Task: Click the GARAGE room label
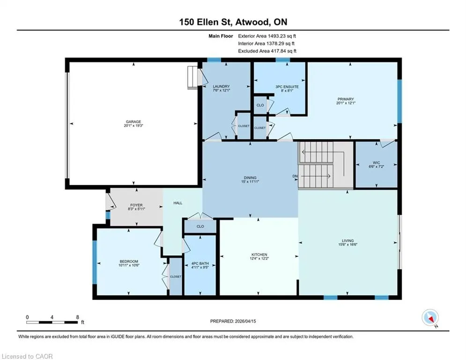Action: (x=133, y=122)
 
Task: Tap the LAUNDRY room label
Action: (x=221, y=87)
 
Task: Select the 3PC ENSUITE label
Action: (x=287, y=87)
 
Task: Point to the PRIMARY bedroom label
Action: (x=346, y=99)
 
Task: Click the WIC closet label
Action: (x=376, y=163)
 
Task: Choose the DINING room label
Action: (x=250, y=178)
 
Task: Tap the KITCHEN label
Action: (x=259, y=255)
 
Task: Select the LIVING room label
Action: (x=348, y=240)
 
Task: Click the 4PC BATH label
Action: (x=200, y=263)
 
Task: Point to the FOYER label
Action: (x=136, y=205)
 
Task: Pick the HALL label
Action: (x=178, y=203)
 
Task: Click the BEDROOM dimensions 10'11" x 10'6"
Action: (x=129, y=265)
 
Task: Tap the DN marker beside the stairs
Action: (x=295, y=176)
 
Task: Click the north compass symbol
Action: (x=430, y=318)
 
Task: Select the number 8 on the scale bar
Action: (x=78, y=317)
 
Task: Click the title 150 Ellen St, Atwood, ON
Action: (x=233, y=22)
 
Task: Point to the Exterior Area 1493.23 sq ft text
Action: (x=267, y=36)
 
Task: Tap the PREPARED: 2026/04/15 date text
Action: (x=233, y=321)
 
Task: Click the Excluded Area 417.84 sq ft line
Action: (x=267, y=51)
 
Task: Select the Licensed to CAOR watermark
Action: (x=27, y=356)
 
